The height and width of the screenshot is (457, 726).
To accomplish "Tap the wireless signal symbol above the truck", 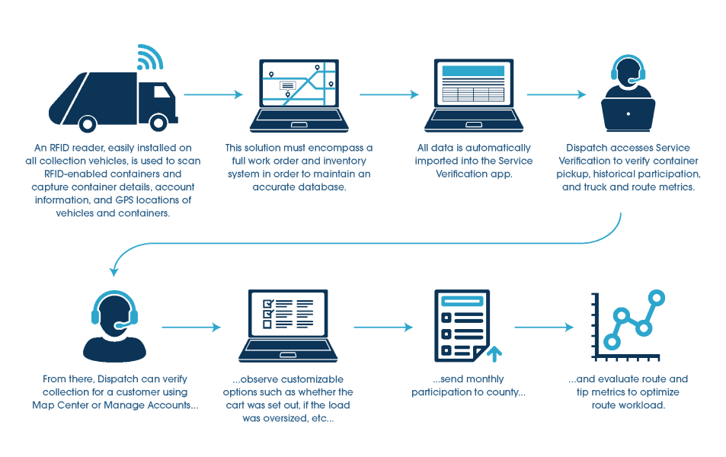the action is pos(149,58).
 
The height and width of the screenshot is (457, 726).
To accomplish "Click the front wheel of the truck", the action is pos(158,123).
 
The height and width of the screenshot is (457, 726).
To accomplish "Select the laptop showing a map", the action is pos(299,96).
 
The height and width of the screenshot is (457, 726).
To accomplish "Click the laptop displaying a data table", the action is pos(474,96).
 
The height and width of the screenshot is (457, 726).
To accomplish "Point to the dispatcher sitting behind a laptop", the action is pos(628,94).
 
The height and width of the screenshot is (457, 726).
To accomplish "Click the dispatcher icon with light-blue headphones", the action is pos(114,326).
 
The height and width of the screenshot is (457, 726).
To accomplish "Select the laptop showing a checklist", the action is pos(288,326).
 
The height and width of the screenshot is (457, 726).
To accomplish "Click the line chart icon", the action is pos(628,325).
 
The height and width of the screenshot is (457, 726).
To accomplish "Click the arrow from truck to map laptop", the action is pos(213,94).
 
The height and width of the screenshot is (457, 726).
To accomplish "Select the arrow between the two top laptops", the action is pos(389,94).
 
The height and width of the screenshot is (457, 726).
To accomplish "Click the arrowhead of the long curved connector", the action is pos(114,271).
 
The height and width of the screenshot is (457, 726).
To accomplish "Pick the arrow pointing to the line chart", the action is pos(544,328).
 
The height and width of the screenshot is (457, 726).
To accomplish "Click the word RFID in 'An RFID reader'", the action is pos(59,148).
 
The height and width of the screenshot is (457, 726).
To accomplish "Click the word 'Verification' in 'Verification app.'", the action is pos(462,174).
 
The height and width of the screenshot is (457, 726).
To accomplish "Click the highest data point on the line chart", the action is pos(657,298).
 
